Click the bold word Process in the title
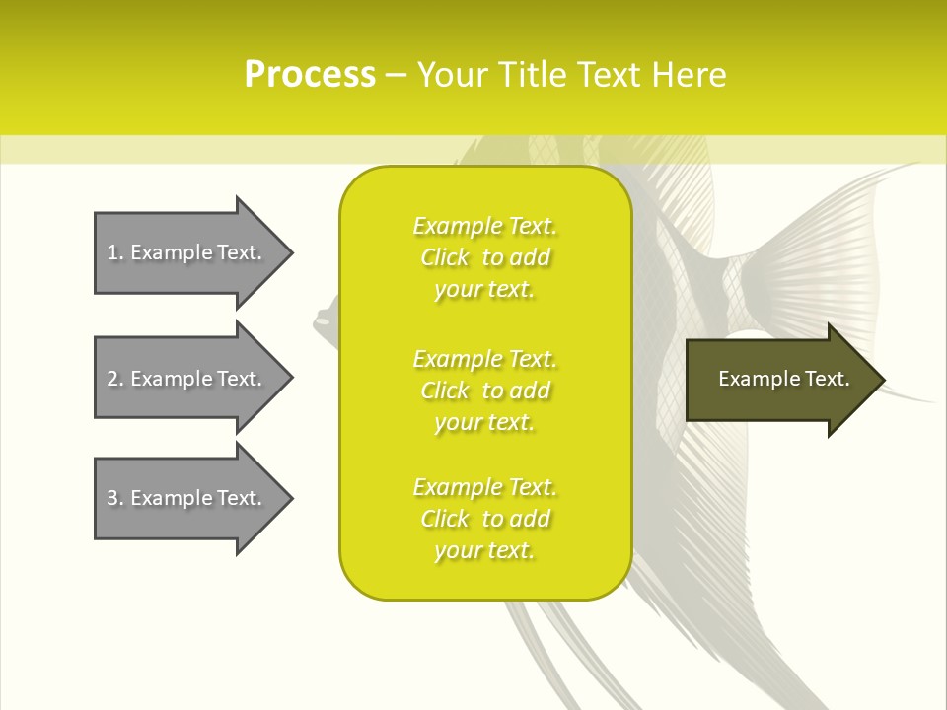tap(310, 75)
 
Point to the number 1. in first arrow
tap(115, 252)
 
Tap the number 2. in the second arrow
tap(115, 379)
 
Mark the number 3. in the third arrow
tap(115, 498)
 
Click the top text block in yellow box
tap(484, 257)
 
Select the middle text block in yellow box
tap(484, 390)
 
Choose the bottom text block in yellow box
tap(484, 519)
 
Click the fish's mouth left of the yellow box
tap(322, 319)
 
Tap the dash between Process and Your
tap(396, 75)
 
